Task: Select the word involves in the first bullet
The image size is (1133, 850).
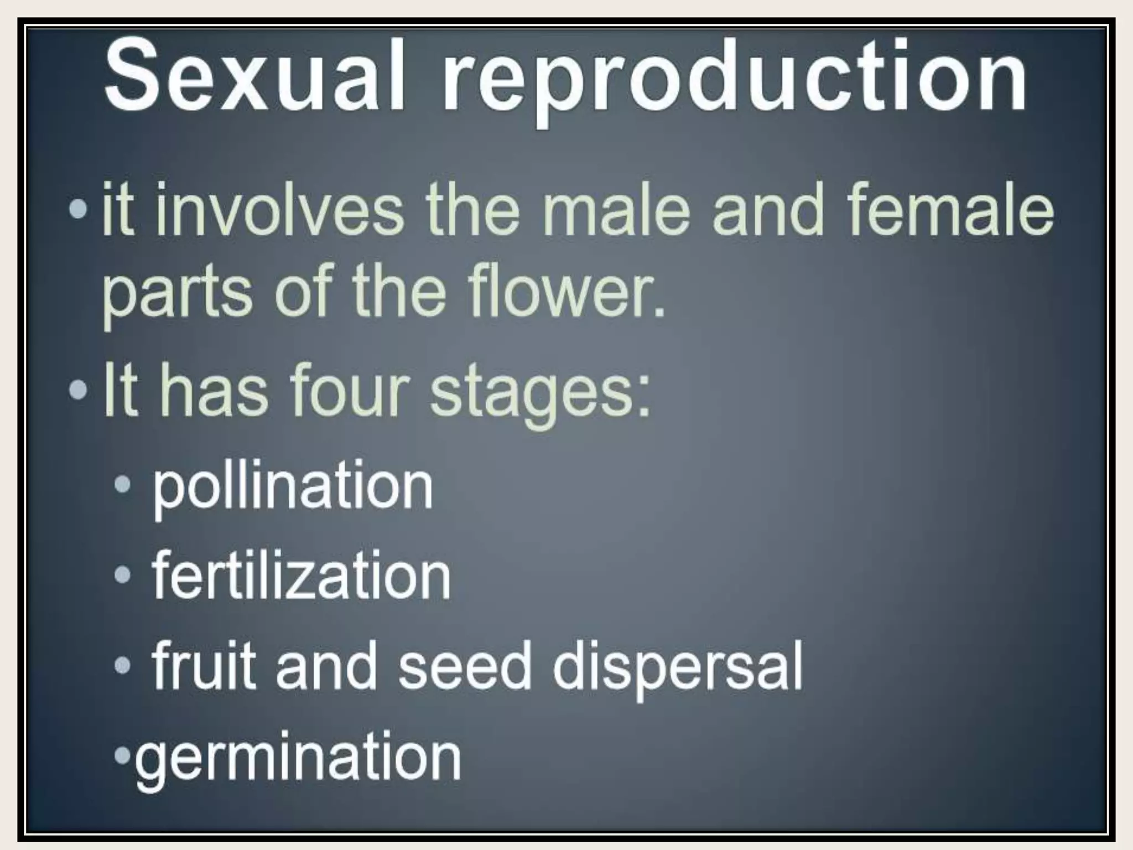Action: (x=279, y=213)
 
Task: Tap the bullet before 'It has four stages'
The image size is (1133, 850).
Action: (x=79, y=391)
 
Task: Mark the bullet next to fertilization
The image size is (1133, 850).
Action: (x=123, y=576)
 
